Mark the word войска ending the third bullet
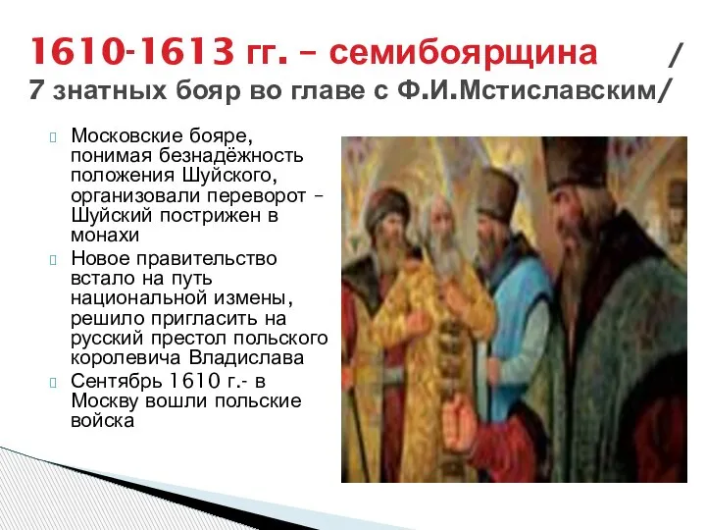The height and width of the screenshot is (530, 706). (102, 421)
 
